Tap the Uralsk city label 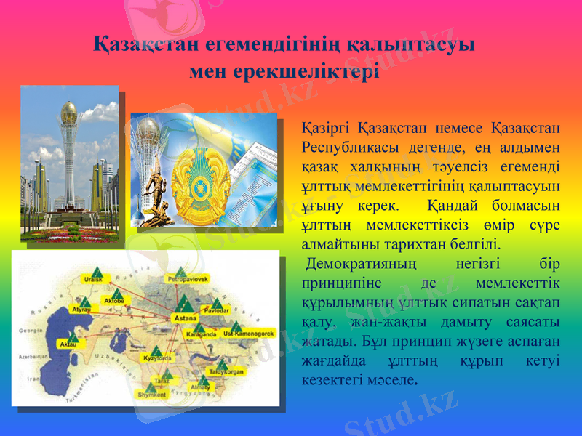click(x=93, y=278)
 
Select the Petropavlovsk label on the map click(x=188, y=278)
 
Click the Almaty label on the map click(x=199, y=387)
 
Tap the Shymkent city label click(x=152, y=395)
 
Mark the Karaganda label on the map click(x=202, y=335)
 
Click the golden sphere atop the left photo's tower click(x=69, y=111)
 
